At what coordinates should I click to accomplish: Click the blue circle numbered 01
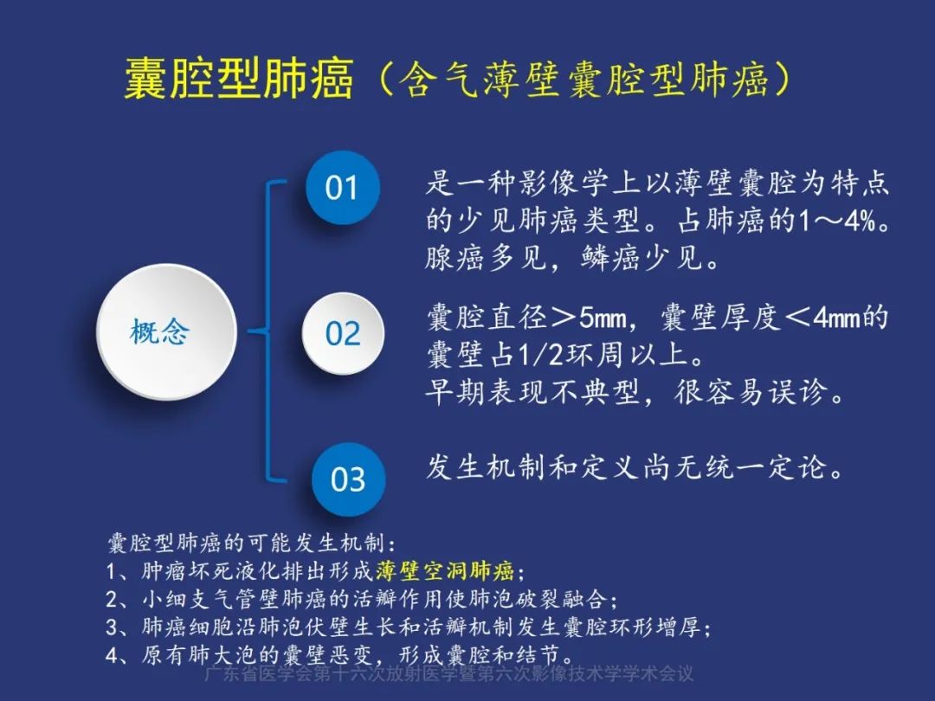click(342, 188)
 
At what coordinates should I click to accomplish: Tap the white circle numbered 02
click(342, 333)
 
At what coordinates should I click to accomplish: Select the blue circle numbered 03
click(347, 479)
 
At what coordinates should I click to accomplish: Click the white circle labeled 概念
click(165, 332)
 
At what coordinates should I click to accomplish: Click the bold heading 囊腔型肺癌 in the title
click(239, 80)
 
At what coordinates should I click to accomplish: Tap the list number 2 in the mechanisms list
click(113, 599)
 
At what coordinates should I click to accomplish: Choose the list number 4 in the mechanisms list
click(113, 653)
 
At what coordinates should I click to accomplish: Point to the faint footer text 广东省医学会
click(251, 675)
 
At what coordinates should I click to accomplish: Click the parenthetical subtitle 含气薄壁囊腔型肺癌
click(584, 80)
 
